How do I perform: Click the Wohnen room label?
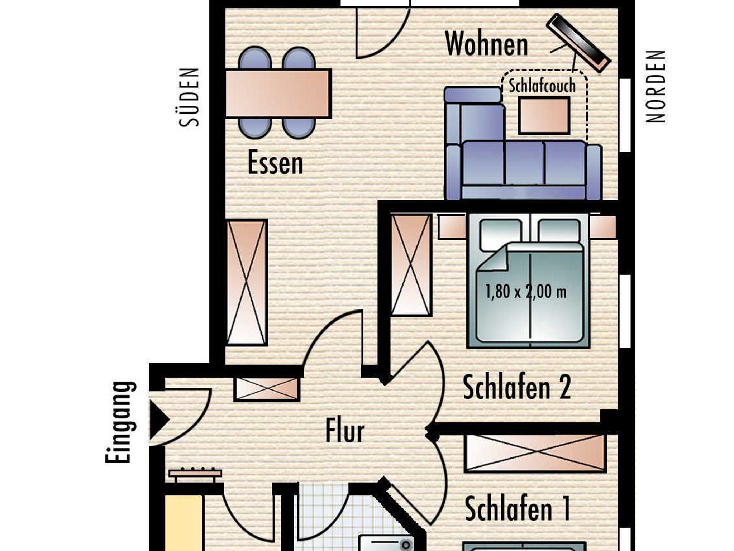pos(486,44)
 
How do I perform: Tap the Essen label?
pos(275,163)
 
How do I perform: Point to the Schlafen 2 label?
pos(517,387)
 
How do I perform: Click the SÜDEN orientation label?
pos(189,97)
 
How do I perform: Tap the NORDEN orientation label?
pos(656,86)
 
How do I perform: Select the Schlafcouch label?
pos(542,86)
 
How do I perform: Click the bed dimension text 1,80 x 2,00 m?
pos(526,292)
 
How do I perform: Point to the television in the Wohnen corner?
pos(578,43)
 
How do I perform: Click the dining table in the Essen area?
pos(278,94)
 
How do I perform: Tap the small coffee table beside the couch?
pos(544,115)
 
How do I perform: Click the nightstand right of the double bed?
pos(603,227)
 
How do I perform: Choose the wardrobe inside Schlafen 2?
pos(411,265)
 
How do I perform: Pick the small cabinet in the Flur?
pos(267,389)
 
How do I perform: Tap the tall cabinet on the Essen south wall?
pos(247,283)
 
